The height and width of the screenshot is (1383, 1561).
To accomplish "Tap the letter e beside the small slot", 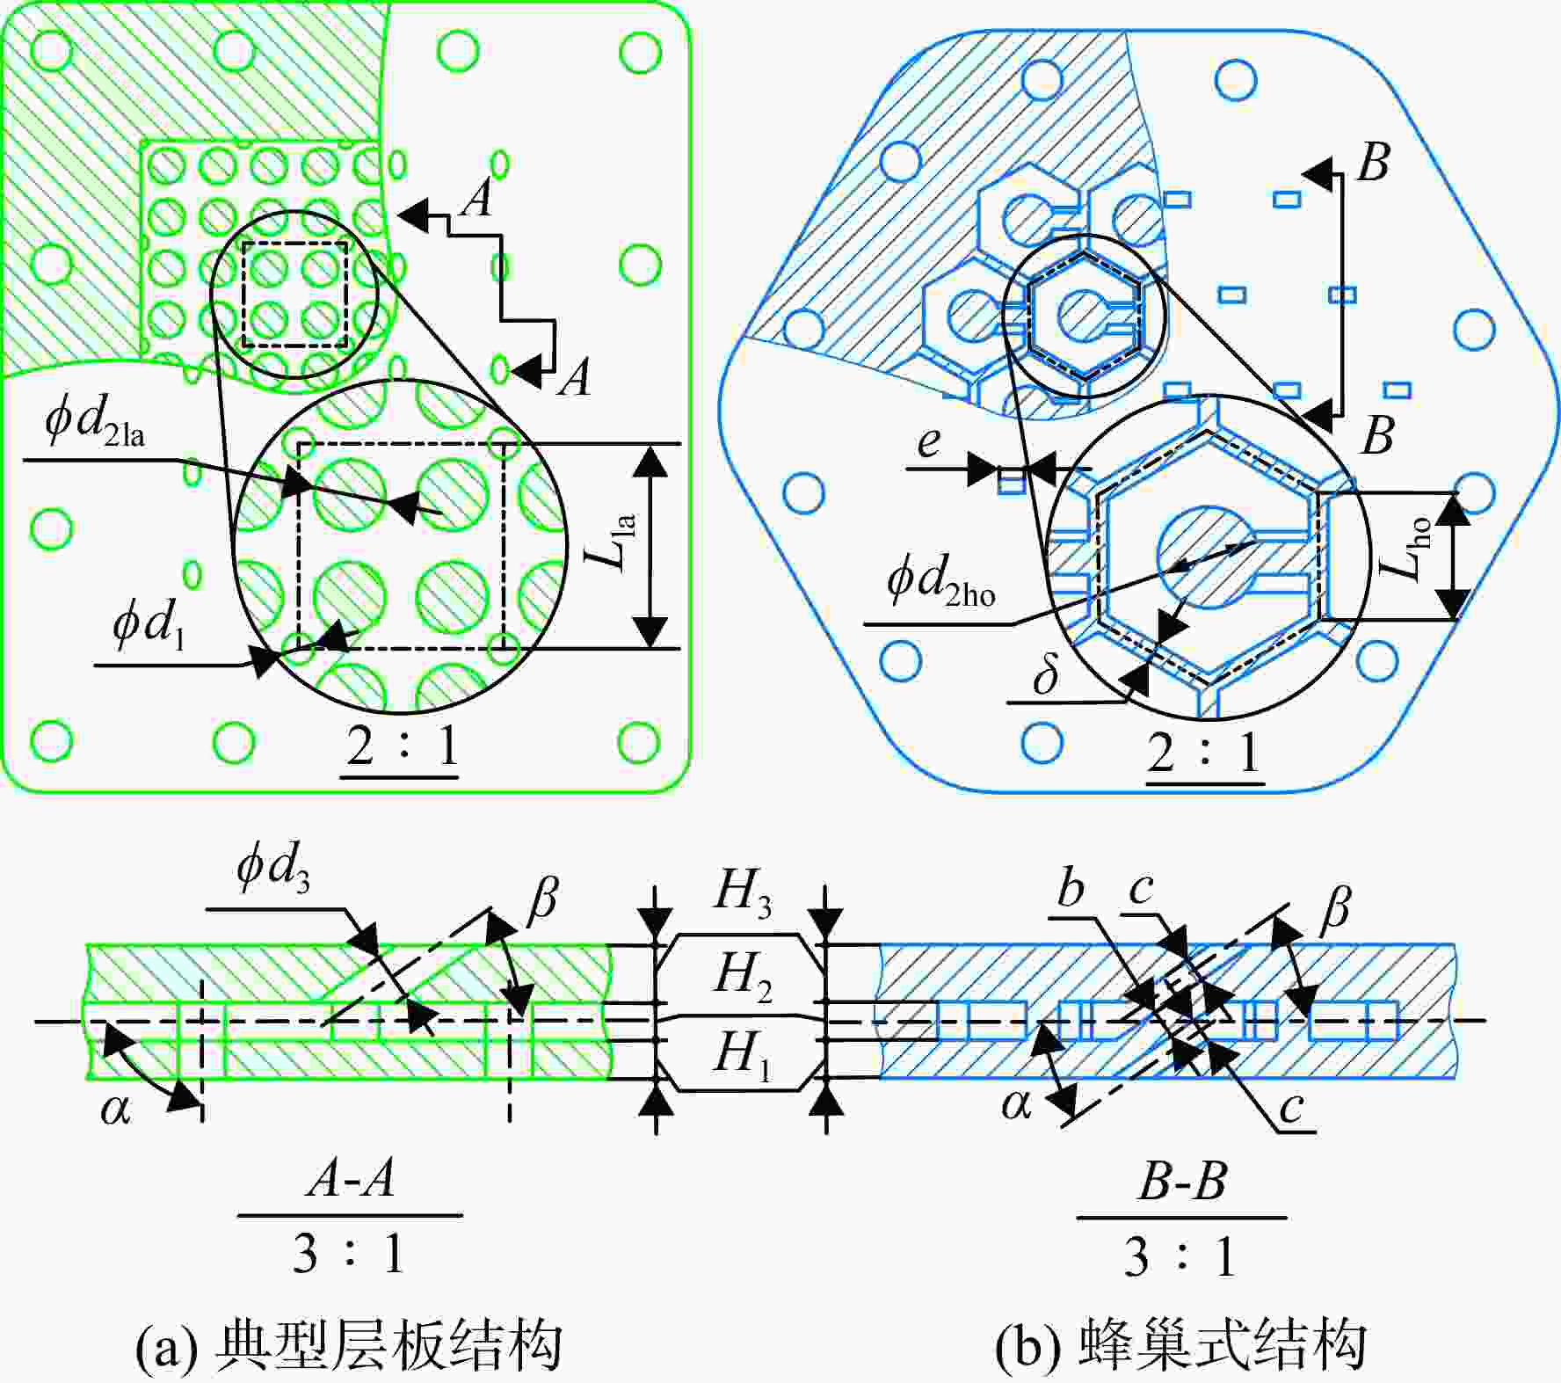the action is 928,442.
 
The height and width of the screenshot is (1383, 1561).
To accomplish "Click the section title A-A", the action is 350,1179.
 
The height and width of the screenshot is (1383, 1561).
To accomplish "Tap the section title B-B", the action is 1181,1181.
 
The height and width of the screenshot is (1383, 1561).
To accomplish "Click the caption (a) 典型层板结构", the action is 349,1345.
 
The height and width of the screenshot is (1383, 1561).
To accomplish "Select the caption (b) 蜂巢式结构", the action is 1181,1345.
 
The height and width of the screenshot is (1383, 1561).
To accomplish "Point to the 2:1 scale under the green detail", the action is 402,748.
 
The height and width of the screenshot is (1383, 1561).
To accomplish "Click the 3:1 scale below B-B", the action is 1180,1256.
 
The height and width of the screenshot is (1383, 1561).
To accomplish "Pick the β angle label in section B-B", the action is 1333,906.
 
